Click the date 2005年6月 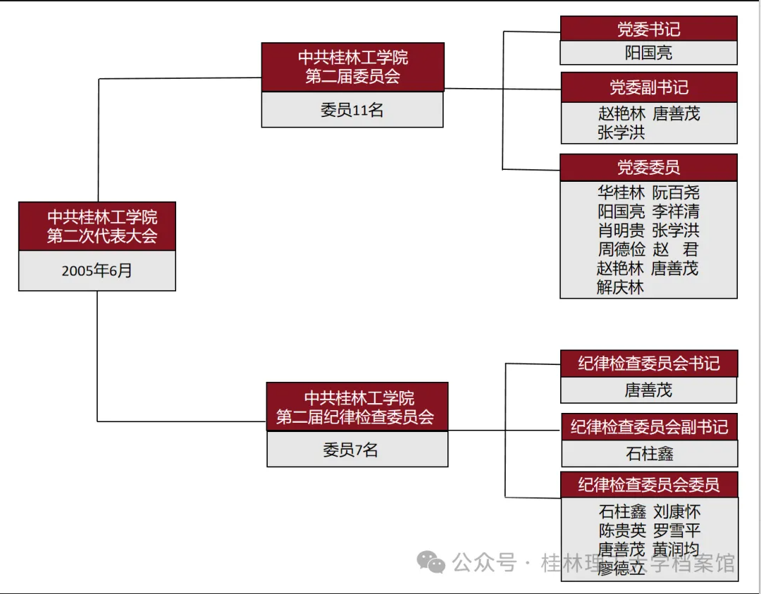pyautogui.click(x=97, y=271)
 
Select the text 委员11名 pyautogui.click(x=352, y=110)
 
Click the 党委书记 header pyautogui.click(x=648, y=29)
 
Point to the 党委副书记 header pyautogui.click(x=648, y=88)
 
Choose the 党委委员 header pyautogui.click(x=648, y=168)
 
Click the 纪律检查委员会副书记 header pyautogui.click(x=649, y=427)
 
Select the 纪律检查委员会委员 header pyautogui.click(x=649, y=485)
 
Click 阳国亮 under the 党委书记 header pyautogui.click(x=648, y=53)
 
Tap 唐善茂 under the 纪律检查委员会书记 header pyautogui.click(x=648, y=390)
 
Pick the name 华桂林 pyautogui.click(x=621, y=192)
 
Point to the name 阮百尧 pyautogui.click(x=676, y=192)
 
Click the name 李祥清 pyautogui.click(x=676, y=211)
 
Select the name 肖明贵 pyautogui.click(x=621, y=230)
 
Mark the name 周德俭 pyautogui.click(x=621, y=249)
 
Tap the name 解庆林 pyautogui.click(x=620, y=287)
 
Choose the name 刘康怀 pyautogui.click(x=676, y=512)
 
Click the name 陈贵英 pyautogui.click(x=622, y=531)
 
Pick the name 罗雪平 pyautogui.click(x=676, y=531)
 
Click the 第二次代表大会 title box pyautogui.click(x=97, y=226)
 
